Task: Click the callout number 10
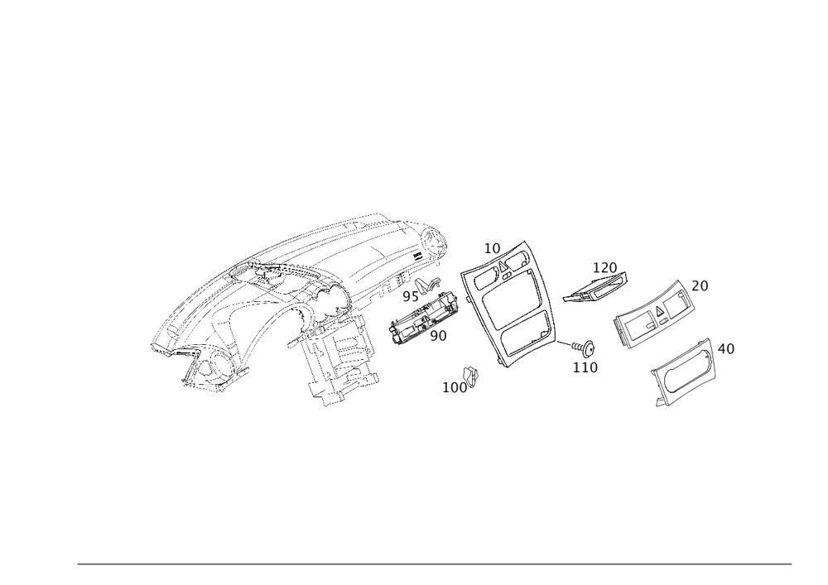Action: [492, 247]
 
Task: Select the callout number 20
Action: [700, 285]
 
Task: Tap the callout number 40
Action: [725, 350]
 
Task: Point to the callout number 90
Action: [439, 335]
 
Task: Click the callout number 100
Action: [455, 386]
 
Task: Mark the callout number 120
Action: [605, 267]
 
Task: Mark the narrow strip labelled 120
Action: [592, 290]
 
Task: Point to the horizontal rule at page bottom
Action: [435, 566]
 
